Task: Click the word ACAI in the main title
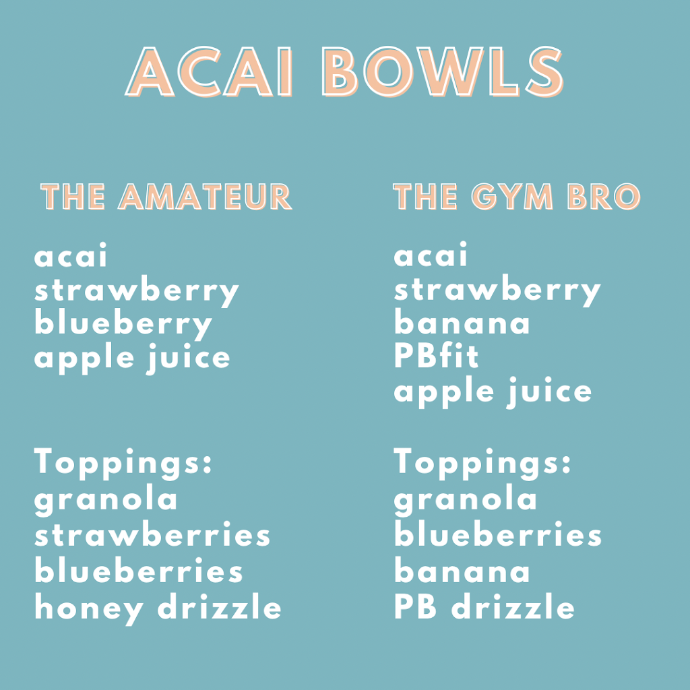(x=209, y=71)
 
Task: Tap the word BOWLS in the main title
(x=442, y=71)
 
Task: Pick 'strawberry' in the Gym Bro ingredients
(x=497, y=291)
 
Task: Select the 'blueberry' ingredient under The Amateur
(x=123, y=325)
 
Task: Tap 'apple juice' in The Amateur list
(x=132, y=358)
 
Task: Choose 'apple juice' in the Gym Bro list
(x=493, y=392)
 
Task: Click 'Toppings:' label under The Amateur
(x=123, y=464)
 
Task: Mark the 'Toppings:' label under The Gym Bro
(x=482, y=464)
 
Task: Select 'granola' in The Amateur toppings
(x=106, y=501)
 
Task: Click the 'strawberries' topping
(x=152, y=534)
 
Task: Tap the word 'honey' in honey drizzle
(x=89, y=609)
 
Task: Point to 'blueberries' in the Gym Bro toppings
(x=498, y=534)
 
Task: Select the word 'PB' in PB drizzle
(x=415, y=606)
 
